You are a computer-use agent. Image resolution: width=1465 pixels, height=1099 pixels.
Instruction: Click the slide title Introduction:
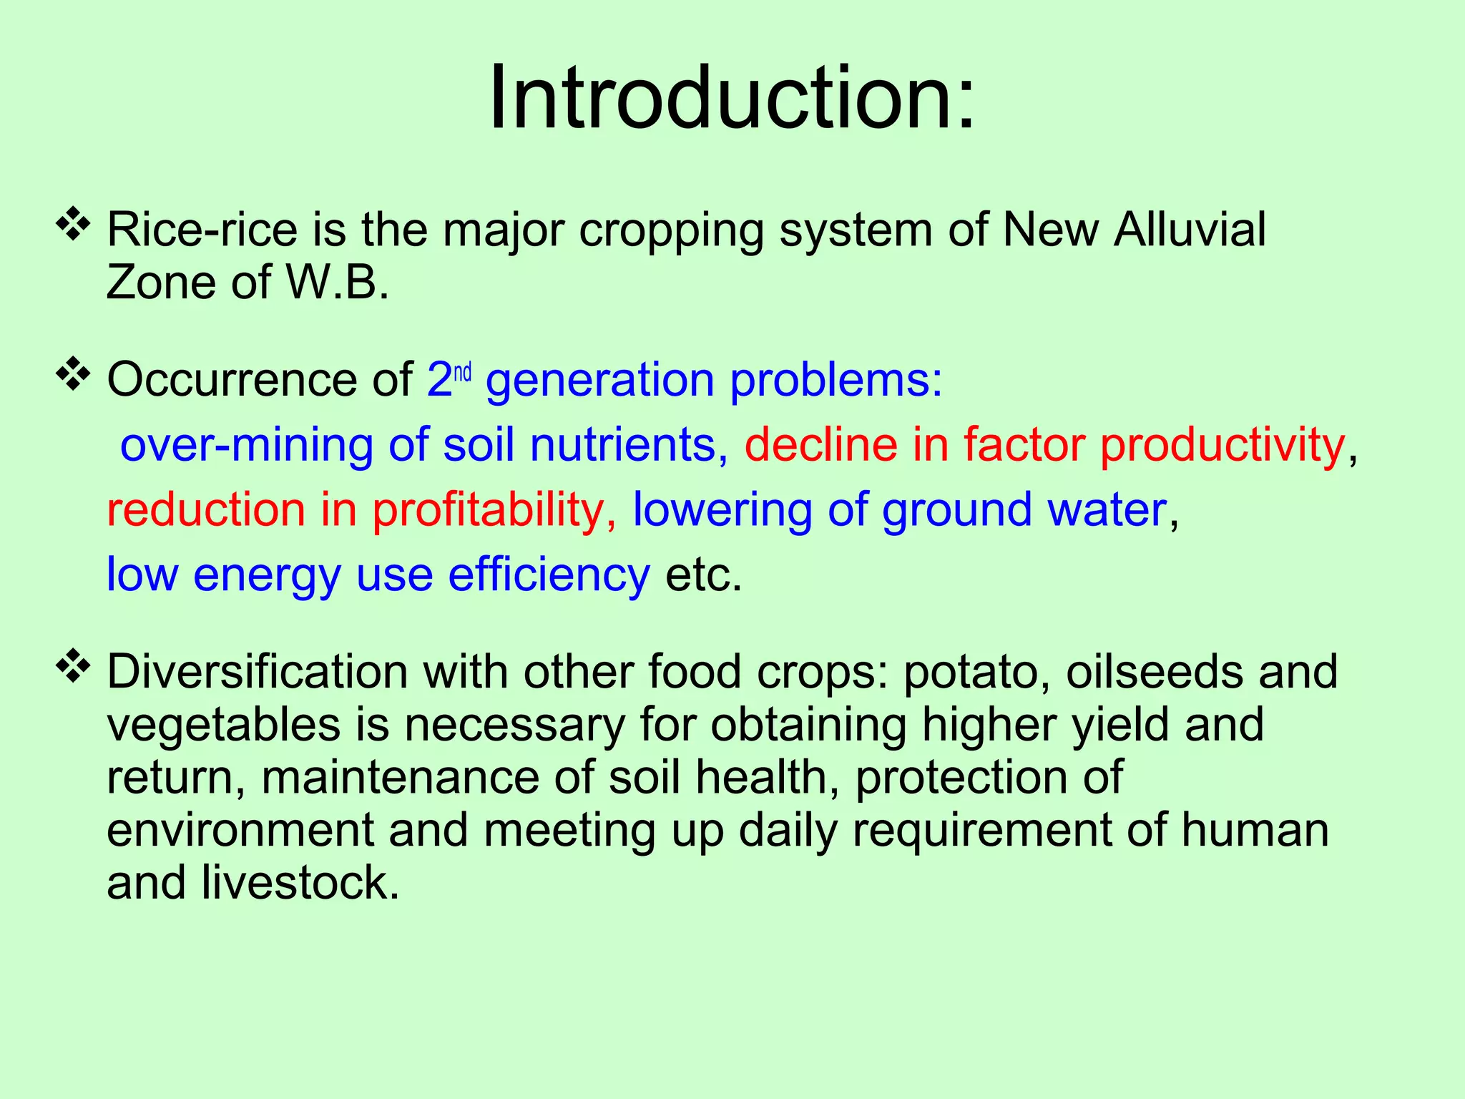pyautogui.click(x=732, y=98)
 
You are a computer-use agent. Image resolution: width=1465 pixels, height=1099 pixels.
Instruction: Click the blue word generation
pyautogui.click(x=599, y=380)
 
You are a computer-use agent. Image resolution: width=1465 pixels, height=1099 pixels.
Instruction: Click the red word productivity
pyautogui.click(x=1223, y=445)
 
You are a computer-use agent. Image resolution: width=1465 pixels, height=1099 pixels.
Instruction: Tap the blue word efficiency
pyautogui.click(x=549, y=575)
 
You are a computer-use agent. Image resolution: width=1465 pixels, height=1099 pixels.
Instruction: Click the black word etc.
pyautogui.click(x=704, y=575)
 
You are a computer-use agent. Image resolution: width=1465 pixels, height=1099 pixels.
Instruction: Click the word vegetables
pyautogui.click(x=224, y=726)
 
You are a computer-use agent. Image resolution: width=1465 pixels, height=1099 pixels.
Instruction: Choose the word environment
pyautogui.click(x=240, y=830)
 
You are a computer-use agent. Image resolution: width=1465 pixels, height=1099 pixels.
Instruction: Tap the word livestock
pyautogui.click(x=300, y=882)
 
